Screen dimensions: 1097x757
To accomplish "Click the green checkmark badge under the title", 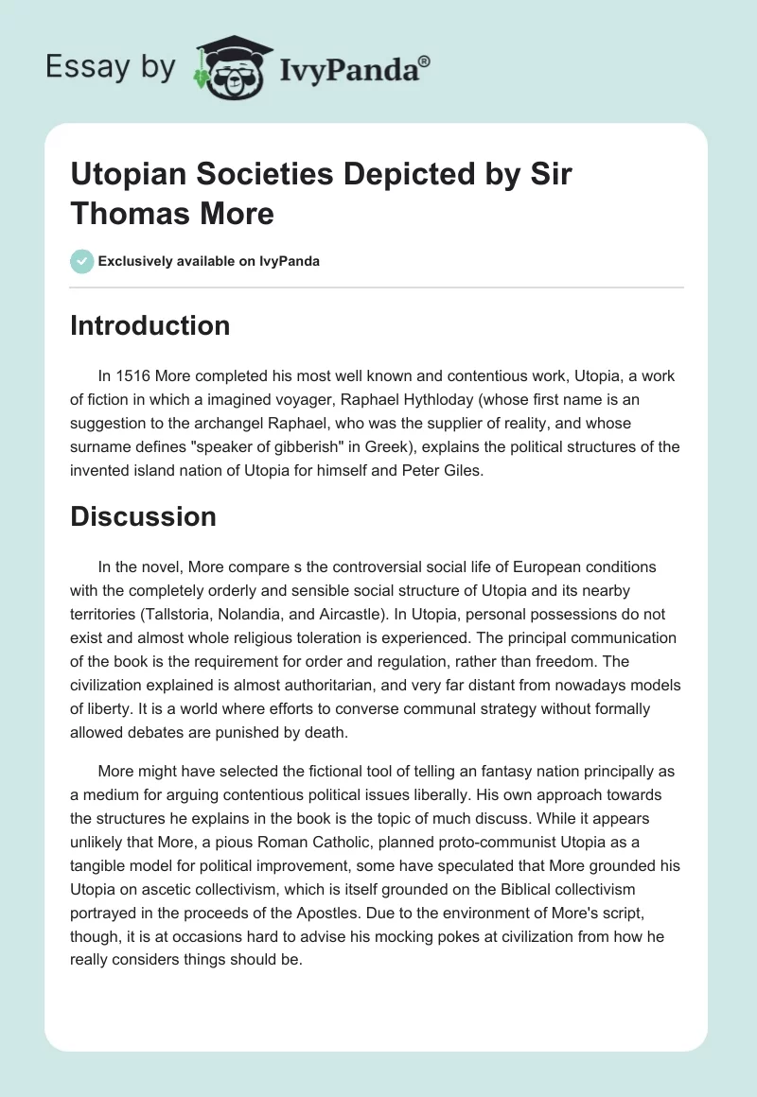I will pos(82,261).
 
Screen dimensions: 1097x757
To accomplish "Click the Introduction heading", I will pos(150,325).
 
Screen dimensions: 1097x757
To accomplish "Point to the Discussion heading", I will pos(144,516).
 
